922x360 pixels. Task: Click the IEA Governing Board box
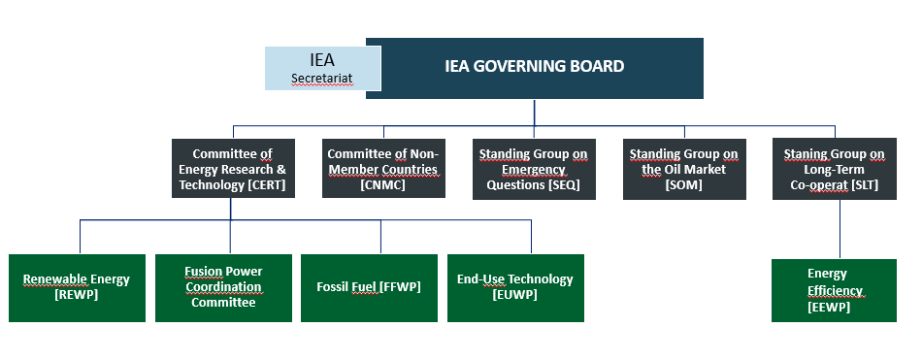[534, 67]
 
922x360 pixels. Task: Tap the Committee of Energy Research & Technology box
[231, 169]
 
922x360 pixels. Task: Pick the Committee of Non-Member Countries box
[382, 169]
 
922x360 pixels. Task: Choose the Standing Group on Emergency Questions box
[533, 169]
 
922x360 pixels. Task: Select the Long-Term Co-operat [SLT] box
[835, 169]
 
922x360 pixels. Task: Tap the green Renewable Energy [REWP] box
[77, 287]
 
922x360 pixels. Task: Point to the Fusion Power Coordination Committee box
[223, 287]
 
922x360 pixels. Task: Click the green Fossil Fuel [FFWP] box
[369, 287]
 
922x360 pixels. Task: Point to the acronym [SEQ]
[564, 184]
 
